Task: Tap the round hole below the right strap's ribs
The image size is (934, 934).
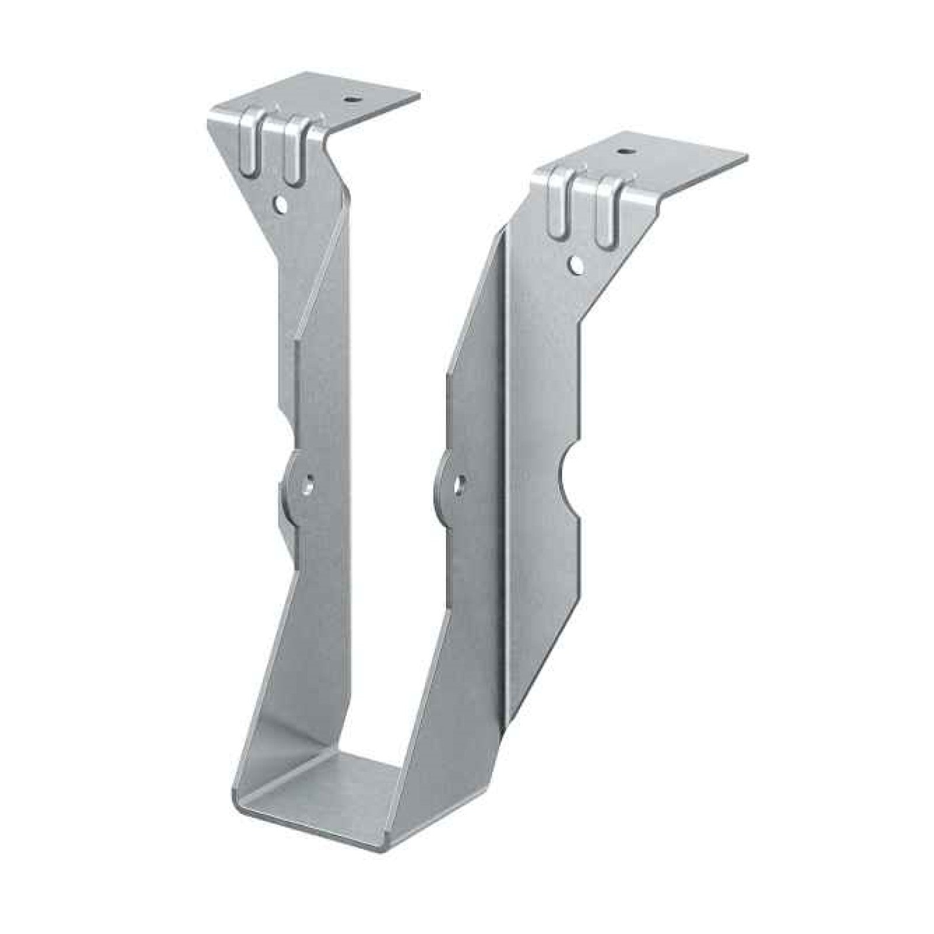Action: click(x=577, y=264)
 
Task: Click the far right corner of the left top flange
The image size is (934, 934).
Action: click(x=420, y=95)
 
